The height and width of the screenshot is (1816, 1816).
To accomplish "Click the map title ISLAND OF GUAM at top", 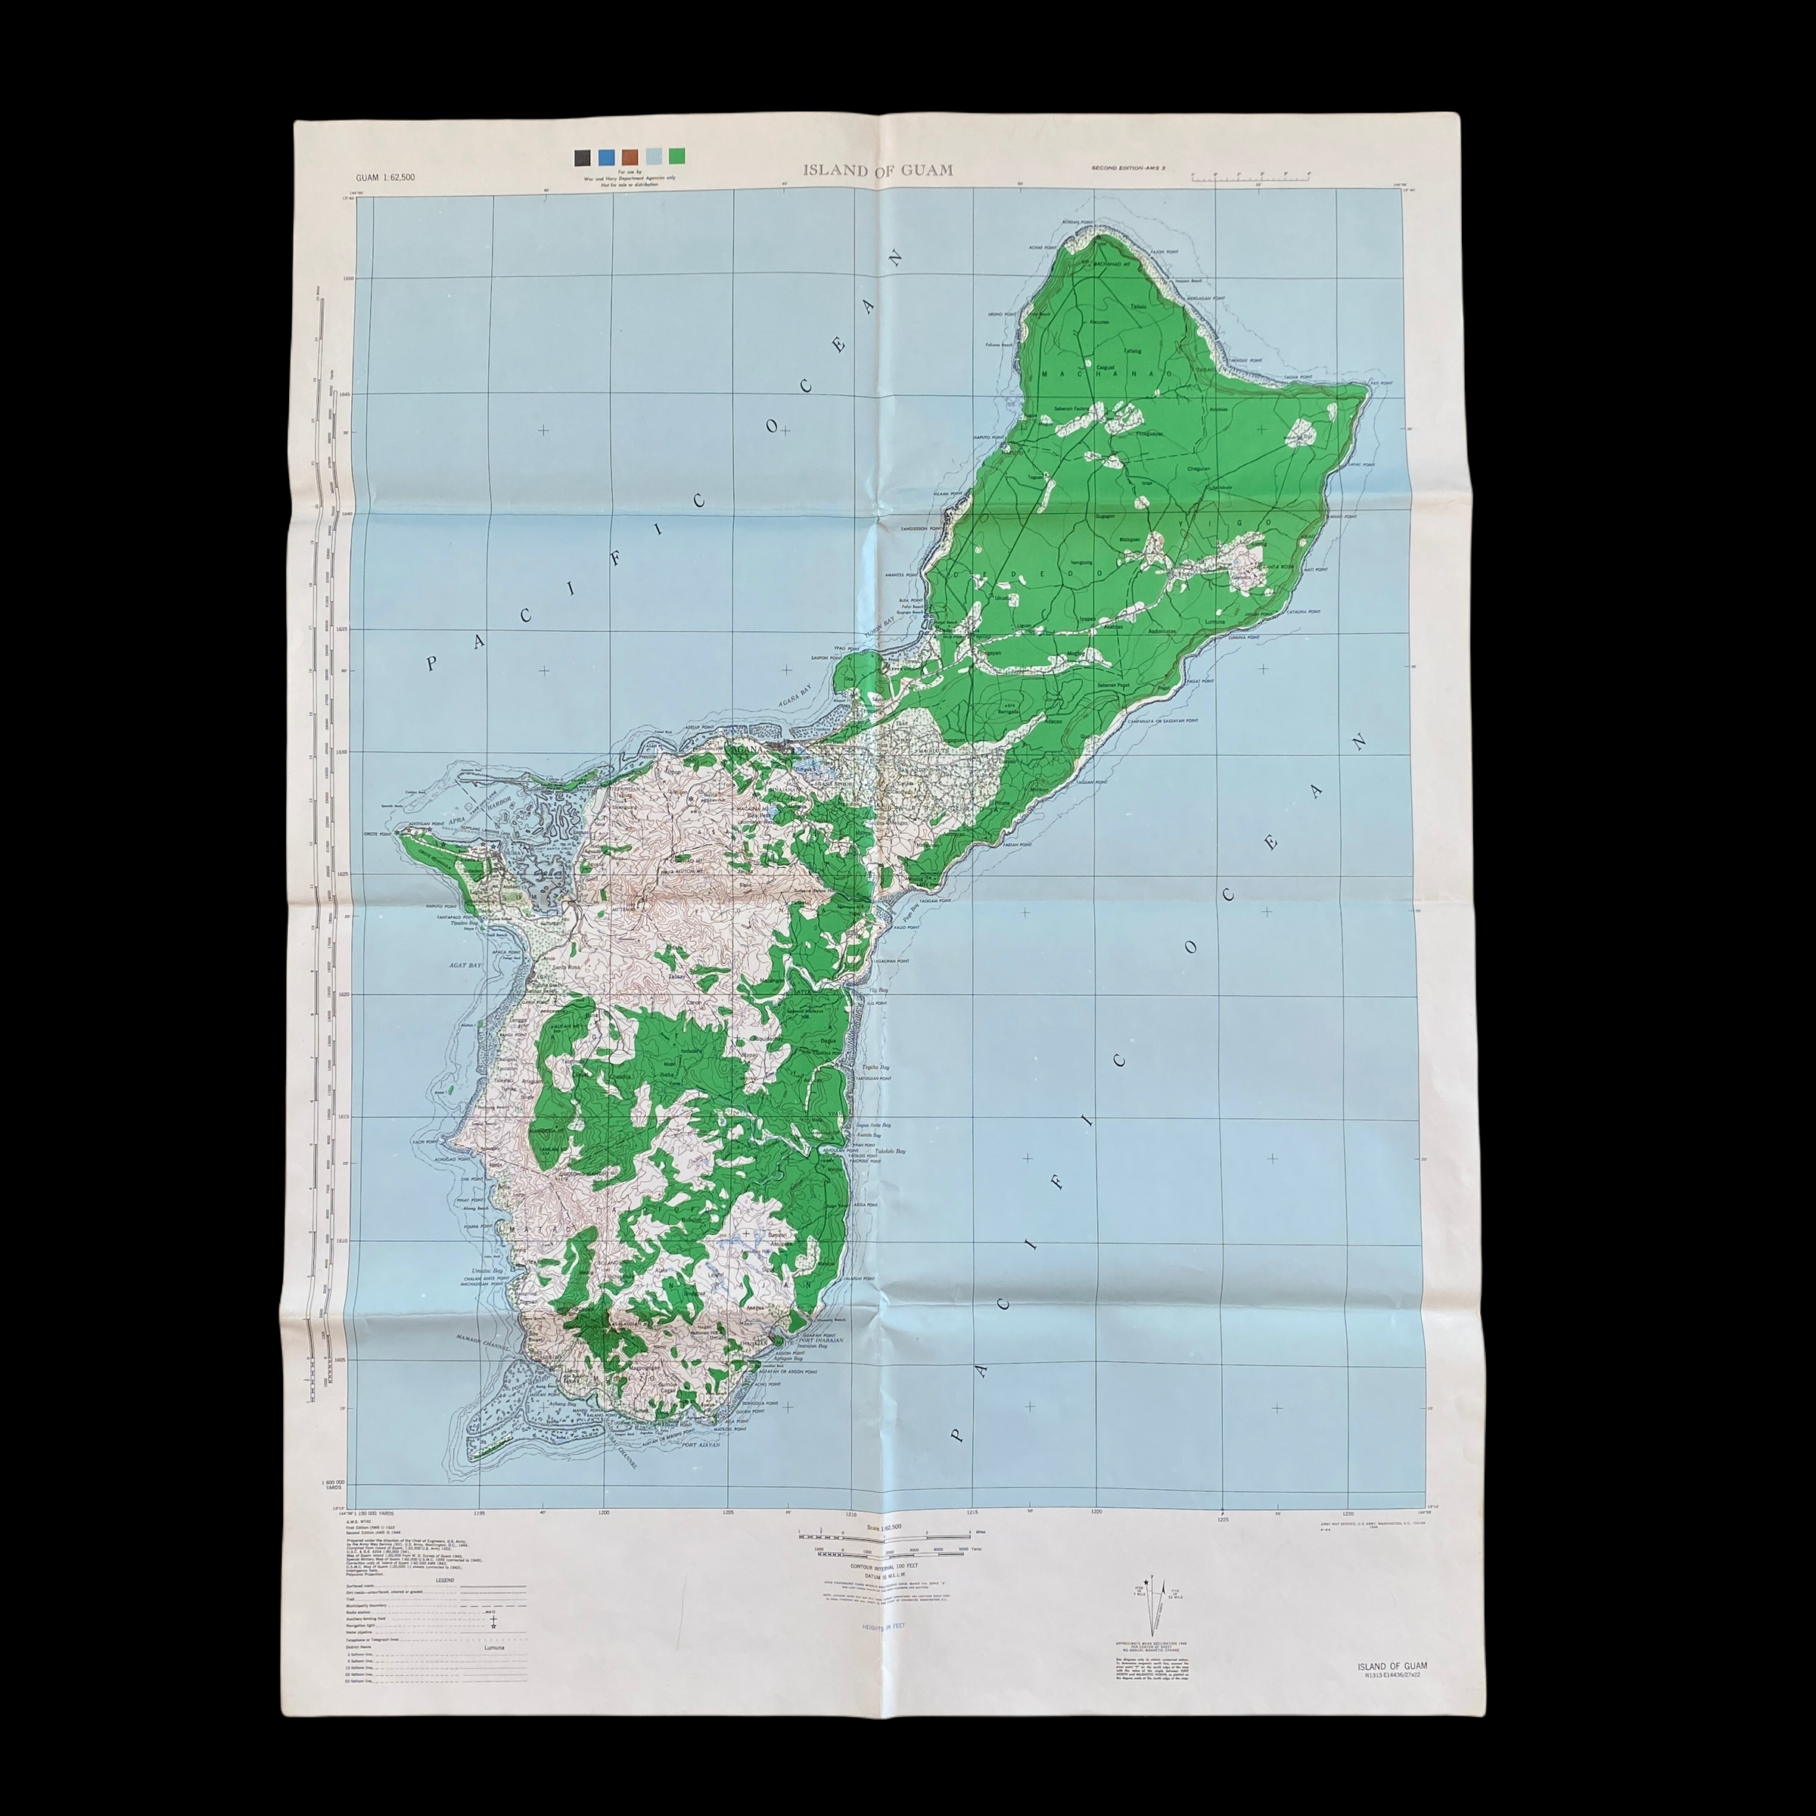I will (877, 170).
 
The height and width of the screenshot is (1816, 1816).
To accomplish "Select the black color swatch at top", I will (583, 157).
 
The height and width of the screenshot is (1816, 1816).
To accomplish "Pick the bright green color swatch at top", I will (676, 157).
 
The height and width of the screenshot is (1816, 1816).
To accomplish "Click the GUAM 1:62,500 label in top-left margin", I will (385, 178).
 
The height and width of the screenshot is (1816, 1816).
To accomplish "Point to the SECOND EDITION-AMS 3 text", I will (1128, 167).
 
